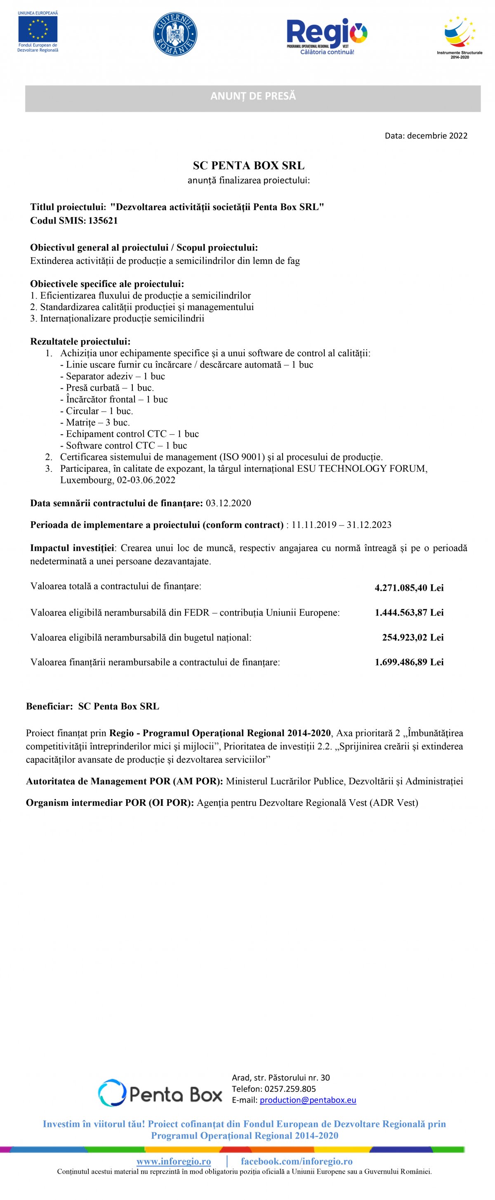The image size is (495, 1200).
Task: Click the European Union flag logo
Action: (38, 29)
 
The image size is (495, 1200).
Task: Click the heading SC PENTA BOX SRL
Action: (249, 166)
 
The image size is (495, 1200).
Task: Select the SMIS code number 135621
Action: (103, 221)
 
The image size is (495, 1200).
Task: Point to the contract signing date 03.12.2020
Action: (228, 503)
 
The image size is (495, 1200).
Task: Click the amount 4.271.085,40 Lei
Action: (409, 588)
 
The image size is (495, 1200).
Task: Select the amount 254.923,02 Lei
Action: (412, 637)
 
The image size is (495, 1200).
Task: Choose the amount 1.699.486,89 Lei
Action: (409, 662)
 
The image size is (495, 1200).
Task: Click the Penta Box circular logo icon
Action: (112, 1093)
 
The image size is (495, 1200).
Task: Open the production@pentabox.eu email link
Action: (308, 1100)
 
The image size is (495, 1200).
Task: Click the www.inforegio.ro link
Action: (173, 1161)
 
